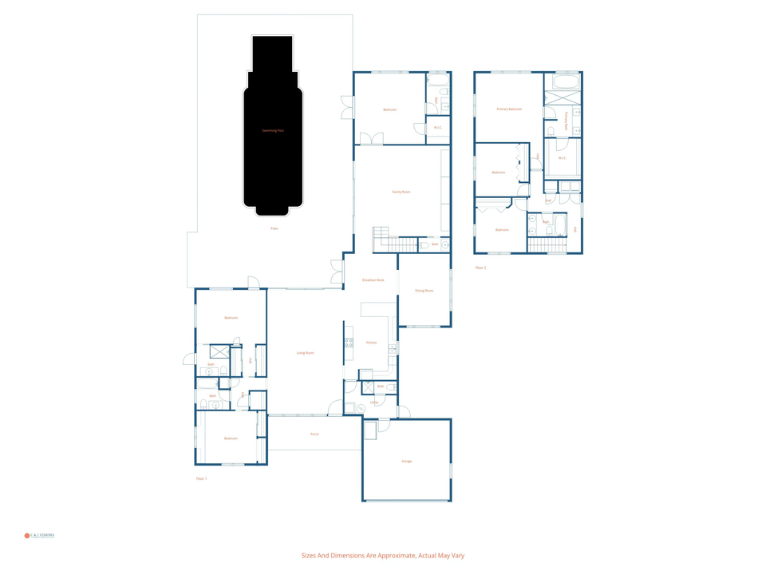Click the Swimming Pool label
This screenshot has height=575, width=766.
[x=273, y=130]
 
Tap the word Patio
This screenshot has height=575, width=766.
[x=274, y=228]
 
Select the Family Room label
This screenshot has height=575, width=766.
[x=401, y=192]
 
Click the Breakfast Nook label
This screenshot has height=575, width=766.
[x=373, y=280]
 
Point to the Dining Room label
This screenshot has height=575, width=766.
[x=424, y=291]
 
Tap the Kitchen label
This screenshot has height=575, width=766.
[x=371, y=343]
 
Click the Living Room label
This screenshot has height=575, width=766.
[x=305, y=352]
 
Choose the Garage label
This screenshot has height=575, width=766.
[x=407, y=461]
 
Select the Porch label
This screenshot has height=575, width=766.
[x=314, y=434]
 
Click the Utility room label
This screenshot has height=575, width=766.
[x=373, y=402]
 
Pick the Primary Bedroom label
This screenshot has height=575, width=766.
[x=509, y=109]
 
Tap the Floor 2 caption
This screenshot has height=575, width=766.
[x=480, y=268]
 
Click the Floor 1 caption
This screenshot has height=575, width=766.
[x=201, y=478]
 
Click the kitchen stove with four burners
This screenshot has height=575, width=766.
[x=349, y=343]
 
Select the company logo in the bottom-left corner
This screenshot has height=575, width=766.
[x=40, y=535]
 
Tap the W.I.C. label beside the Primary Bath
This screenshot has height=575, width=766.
[x=562, y=158]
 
